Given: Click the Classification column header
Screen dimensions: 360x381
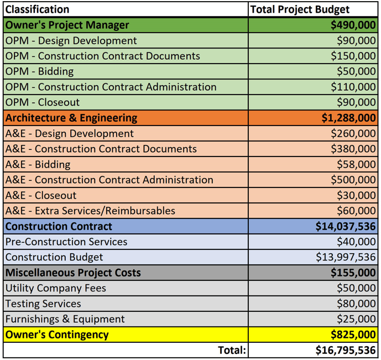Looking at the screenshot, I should tap(38, 9).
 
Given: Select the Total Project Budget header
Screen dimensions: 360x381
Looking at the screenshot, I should tap(300, 9).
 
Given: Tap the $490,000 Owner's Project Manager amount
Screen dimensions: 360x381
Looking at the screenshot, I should tap(353, 25).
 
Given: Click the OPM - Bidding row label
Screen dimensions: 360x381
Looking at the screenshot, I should tap(39, 71).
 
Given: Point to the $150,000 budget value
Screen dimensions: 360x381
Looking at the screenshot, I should tap(353, 56).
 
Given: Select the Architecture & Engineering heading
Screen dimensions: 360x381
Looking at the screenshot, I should tap(71, 118).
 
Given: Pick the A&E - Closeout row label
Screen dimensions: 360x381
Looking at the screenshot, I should tap(41, 195).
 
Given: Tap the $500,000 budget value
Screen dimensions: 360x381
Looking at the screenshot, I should tap(353, 180).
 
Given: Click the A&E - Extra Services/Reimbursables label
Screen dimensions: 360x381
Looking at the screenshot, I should tap(90, 211).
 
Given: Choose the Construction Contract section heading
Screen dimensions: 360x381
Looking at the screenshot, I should tap(59, 226).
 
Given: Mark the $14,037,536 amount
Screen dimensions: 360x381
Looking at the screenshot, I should tap(346, 226).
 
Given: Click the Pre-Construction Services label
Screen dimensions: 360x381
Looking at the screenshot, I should tap(66, 242).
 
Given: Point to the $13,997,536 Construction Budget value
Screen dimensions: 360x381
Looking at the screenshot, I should tap(346, 257).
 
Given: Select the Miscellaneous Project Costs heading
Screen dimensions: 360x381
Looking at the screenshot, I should tap(73, 273).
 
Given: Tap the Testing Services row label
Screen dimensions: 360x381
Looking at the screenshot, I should tap(43, 304).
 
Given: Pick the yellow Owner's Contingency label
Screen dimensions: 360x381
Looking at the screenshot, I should tap(57, 335).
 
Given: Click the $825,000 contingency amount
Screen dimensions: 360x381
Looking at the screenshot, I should tap(353, 335).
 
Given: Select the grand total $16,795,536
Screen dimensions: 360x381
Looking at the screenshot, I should tap(346, 350).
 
